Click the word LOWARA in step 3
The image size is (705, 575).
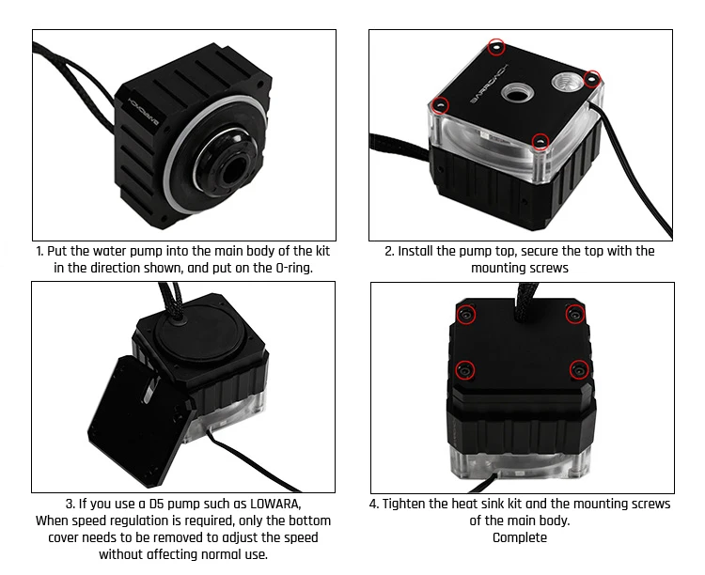(x=274, y=504)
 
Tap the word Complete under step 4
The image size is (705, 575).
(x=519, y=537)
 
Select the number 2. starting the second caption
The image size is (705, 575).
(x=389, y=251)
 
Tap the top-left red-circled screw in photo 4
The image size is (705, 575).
(x=463, y=316)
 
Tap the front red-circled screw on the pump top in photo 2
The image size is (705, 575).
(x=540, y=142)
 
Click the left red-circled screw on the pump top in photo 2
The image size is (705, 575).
(x=440, y=103)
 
